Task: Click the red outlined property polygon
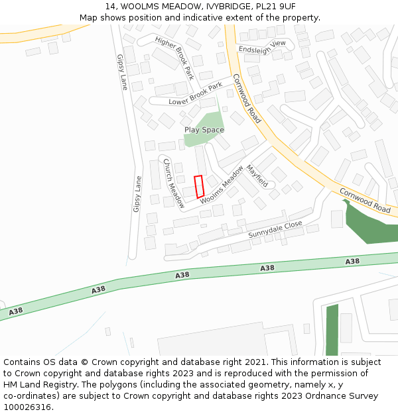pos(198,186)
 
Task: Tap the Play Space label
pos(204,130)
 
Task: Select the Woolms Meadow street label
pos(222,184)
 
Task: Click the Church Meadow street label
pos(174,183)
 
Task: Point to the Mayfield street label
pos(257,176)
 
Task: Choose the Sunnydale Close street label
pos(275,229)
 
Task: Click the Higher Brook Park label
pos(174,58)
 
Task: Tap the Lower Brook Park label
pos(196,94)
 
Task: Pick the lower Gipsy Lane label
pos(137,193)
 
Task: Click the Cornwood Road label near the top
pos(247,98)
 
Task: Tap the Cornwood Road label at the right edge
pos(365,199)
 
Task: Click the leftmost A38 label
pos(16,311)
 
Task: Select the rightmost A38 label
pos(352,262)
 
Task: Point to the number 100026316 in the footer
pos(27,407)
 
